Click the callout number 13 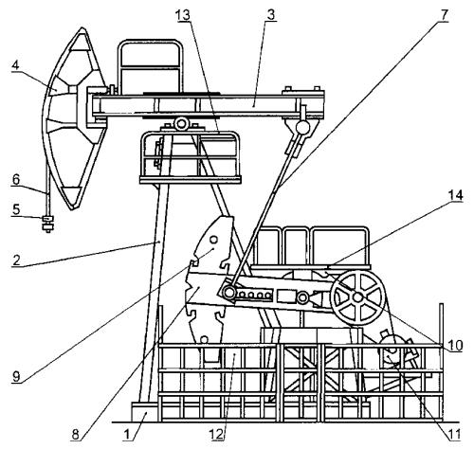point(184,14)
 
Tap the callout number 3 point(271,15)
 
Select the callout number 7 point(445,15)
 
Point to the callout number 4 point(15,66)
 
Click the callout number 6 point(16,209)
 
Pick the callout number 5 point(16,180)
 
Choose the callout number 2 point(16,260)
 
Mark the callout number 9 point(16,376)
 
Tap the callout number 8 point(75,435)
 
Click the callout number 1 point(127,435)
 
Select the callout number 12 point(216,435)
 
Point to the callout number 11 point(454,435)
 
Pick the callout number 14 point(456,195)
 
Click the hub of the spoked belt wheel point(357,297)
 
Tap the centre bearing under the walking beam point(181,123)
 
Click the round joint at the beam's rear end point(302,127)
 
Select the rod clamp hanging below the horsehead point(48,224)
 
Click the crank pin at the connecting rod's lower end point(228,292)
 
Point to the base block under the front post point(144,412)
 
